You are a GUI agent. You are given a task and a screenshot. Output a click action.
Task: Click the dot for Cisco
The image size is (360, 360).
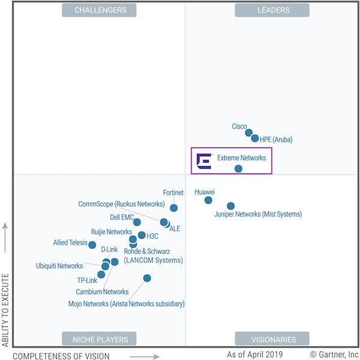(x=249, y=133)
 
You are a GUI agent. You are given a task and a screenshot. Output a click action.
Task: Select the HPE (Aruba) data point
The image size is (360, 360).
(x=255, y=139)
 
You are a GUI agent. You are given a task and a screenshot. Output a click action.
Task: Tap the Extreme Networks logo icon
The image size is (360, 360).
(x=204, y=160)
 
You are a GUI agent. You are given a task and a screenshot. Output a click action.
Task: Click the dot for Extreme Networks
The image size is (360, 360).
(x=238, y=169)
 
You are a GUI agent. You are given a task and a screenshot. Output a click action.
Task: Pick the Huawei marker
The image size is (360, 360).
(x=208, y=200)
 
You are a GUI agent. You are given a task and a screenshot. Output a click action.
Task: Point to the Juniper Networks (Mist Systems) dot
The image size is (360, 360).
(x=230, y=206)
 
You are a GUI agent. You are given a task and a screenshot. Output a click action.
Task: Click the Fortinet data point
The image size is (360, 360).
(x=173, y=208)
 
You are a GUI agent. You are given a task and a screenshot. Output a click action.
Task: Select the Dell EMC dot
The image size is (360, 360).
(x=137, y=222)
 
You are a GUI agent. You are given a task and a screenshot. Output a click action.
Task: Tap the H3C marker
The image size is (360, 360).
(x=142, y=235)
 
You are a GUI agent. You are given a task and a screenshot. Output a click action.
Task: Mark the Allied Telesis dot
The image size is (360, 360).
(x=92, y=245)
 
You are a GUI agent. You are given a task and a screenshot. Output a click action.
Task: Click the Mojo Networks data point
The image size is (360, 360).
(x=147, y=278)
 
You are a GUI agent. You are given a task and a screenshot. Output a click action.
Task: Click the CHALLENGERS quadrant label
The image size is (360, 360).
(x=100, y=10)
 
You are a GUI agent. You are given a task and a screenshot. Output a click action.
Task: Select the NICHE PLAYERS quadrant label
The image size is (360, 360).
(x=100, y=339)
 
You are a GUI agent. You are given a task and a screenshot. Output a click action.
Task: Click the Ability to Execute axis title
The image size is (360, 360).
(x=5, y=310)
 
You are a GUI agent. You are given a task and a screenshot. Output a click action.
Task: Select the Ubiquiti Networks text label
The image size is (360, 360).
(x=59, y=266)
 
